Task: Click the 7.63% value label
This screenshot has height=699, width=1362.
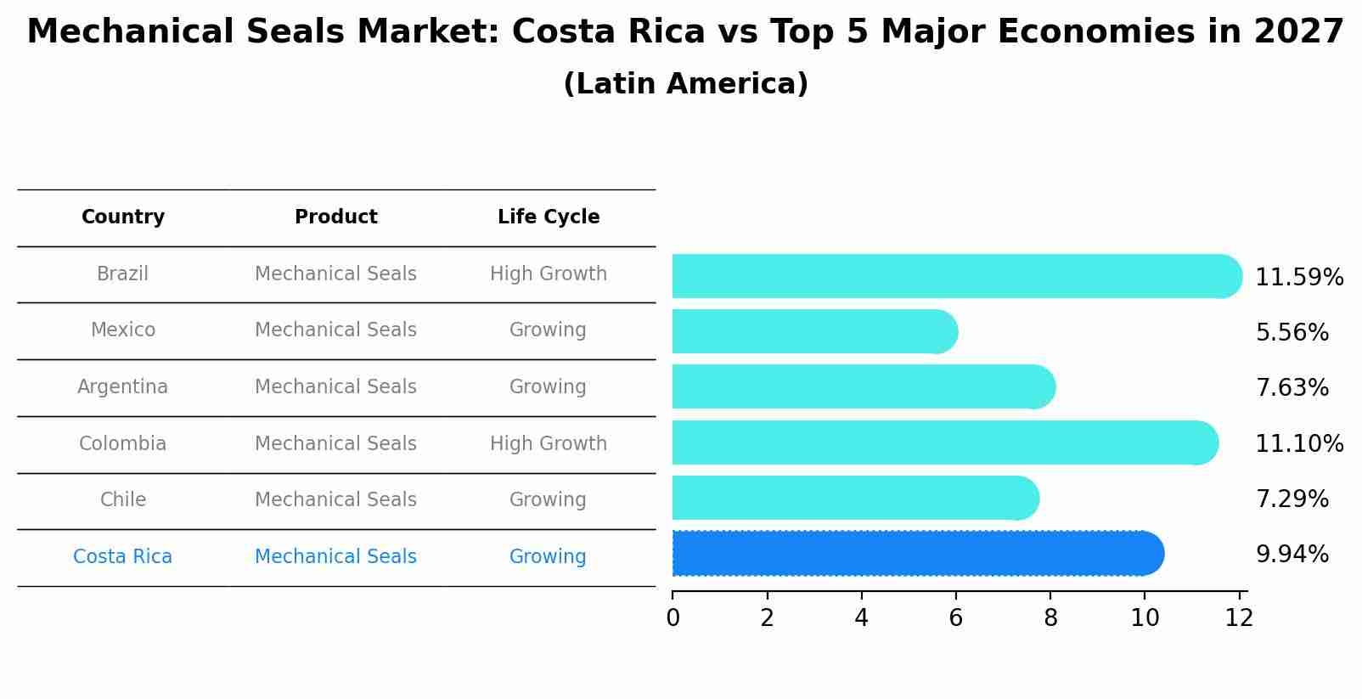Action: pyautogui.click(x=1292, y=388)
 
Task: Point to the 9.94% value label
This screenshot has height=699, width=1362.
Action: pyautogui.click(x=1292, y=555)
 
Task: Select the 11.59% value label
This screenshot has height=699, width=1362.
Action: pyautogui.click(x=1298, y=278)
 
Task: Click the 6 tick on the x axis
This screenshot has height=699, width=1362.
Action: pyautogui.click(x=955, y=618)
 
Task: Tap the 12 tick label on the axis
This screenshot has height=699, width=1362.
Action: pyautogui.click(x=1239, y=618)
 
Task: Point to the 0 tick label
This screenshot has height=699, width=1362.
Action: pyautogui.click(x=673, y=618)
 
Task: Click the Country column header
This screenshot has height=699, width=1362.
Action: pyautogui.click(x=123, y=217)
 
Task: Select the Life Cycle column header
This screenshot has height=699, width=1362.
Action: pyautogui.click(x=549, y=217)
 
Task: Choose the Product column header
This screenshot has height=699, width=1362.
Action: pyautogui.click(x=335, y=217)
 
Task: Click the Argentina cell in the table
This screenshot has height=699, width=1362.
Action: pyautogui.click(x=123, y=387)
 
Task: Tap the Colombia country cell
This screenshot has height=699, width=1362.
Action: pyautogui.click(x=123, y=444)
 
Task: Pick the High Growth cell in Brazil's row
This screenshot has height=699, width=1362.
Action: pyautogui.click(x=549, y=274)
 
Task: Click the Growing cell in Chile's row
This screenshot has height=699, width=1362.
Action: pyautogui.click(x=548, y=500)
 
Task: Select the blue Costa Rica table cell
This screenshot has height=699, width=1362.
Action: pyautogui.click(x=123, y=557)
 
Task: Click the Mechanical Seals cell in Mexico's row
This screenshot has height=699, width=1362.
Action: pyautogui.click(x=335, y=330)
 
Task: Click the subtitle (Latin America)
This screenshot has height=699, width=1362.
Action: pyautogui.click(x=685, y=84)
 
